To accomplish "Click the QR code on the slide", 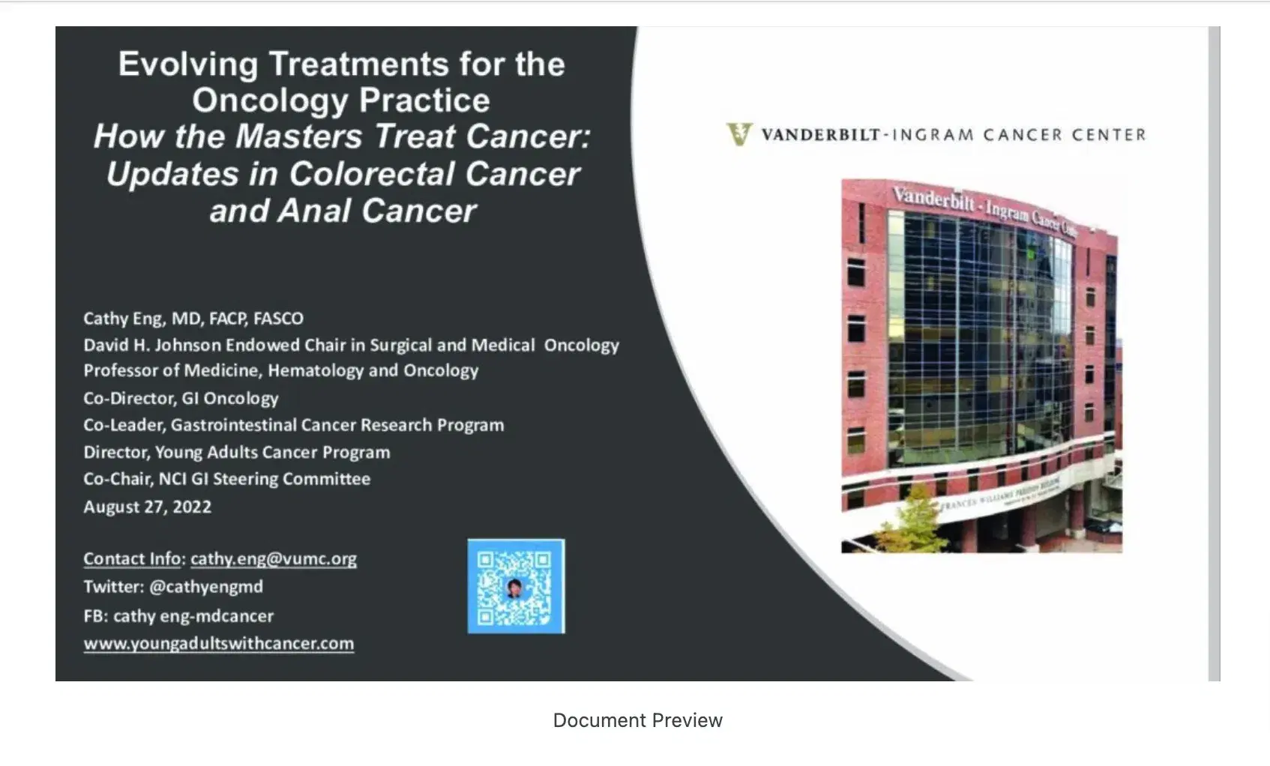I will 516,586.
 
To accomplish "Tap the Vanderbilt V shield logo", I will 739,135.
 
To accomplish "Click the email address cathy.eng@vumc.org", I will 273,559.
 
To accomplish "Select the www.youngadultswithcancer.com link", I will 218,644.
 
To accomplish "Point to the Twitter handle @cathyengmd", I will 206,587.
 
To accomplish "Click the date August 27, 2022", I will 148,507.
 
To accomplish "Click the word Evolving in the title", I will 188,64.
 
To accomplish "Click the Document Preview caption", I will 637,720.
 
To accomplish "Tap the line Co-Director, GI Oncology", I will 181,399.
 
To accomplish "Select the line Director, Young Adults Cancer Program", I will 237,453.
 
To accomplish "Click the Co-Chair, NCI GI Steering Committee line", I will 227,479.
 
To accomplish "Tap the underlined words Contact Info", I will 132,559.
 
